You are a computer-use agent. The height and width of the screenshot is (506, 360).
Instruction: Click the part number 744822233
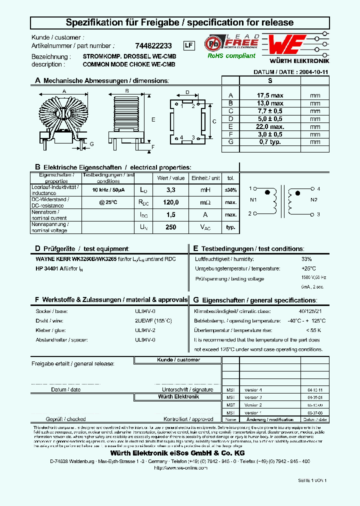[x=153, y=45]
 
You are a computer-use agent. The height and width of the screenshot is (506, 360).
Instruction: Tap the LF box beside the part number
[x=188, y=45]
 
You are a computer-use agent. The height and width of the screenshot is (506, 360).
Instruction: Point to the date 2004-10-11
[x=313, y=72]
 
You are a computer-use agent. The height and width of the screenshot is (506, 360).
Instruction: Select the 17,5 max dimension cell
[x=269, y=95]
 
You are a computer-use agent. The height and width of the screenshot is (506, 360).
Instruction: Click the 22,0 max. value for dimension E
[x=269, y=126]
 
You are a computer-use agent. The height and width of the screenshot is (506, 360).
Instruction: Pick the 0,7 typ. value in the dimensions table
[x=269, y=142]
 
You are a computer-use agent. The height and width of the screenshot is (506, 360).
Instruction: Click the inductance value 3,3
[x=170, y=190]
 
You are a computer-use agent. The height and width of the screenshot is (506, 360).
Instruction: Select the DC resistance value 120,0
[x=170, y=202]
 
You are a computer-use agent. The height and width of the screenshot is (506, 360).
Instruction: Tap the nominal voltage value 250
[x=170, y=227]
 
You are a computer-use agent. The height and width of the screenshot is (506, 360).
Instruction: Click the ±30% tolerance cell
[x=230, y=190]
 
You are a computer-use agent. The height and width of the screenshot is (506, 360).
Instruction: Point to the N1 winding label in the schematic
[x=253, y=200]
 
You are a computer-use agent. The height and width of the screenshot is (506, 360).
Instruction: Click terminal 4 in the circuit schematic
[x=318, y=188]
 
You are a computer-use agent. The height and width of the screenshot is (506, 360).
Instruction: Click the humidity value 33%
[x=306, y=259]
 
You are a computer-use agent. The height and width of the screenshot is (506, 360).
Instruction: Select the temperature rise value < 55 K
[x=313, y=330]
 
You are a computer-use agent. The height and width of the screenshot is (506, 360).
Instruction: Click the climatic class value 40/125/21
[x=310, y=310]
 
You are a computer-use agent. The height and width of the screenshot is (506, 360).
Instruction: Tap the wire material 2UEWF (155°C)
[x=153, y=320]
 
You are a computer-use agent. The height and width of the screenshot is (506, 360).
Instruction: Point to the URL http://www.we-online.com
[x=179, y=467]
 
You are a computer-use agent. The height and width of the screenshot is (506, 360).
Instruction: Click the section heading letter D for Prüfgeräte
[x=37, y=248]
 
